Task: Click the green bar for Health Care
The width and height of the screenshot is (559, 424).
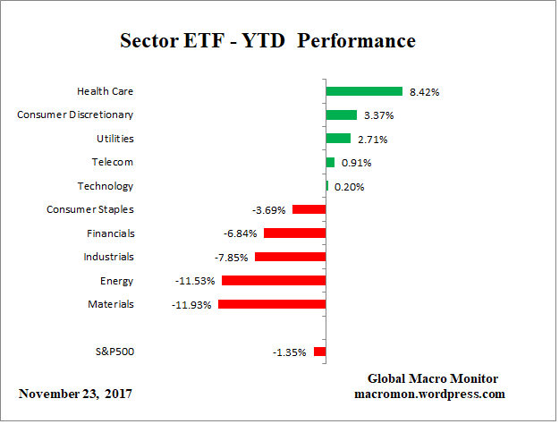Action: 364,91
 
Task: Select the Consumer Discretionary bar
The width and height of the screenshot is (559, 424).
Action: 342,114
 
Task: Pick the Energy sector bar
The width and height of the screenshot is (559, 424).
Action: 274,281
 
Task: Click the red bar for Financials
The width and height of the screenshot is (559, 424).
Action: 294,233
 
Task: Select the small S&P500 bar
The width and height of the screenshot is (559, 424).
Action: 319,352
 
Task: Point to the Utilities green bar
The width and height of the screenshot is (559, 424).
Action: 338,139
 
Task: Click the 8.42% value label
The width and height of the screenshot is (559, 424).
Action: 424,92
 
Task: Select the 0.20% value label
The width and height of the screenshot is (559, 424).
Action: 349,187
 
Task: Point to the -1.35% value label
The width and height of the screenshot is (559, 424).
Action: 289,352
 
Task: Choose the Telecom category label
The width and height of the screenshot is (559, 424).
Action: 112,162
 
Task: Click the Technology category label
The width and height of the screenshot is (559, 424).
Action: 106,186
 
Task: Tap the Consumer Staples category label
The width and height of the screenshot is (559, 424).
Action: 89,209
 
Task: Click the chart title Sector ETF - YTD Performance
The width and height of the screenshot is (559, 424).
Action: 267,41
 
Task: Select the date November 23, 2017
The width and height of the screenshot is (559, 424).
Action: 76,394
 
